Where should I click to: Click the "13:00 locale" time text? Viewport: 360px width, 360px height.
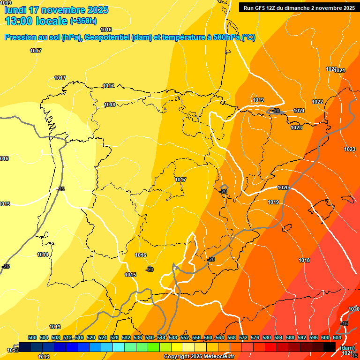36,21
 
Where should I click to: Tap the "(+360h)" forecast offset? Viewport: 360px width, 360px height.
83,21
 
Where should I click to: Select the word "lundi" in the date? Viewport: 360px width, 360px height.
15,9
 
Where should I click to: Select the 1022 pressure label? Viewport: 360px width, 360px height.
317,102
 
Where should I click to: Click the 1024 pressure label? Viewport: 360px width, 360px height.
340,70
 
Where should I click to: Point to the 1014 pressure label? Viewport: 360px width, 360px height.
43,255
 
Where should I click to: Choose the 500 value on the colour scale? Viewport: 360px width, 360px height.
32,337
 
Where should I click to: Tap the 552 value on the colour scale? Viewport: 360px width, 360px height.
185,337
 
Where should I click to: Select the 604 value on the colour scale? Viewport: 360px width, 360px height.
337,337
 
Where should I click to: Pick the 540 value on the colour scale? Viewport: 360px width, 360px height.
150,337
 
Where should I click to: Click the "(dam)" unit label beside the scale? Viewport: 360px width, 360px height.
347,347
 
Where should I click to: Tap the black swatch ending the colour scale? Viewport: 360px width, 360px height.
330,347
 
